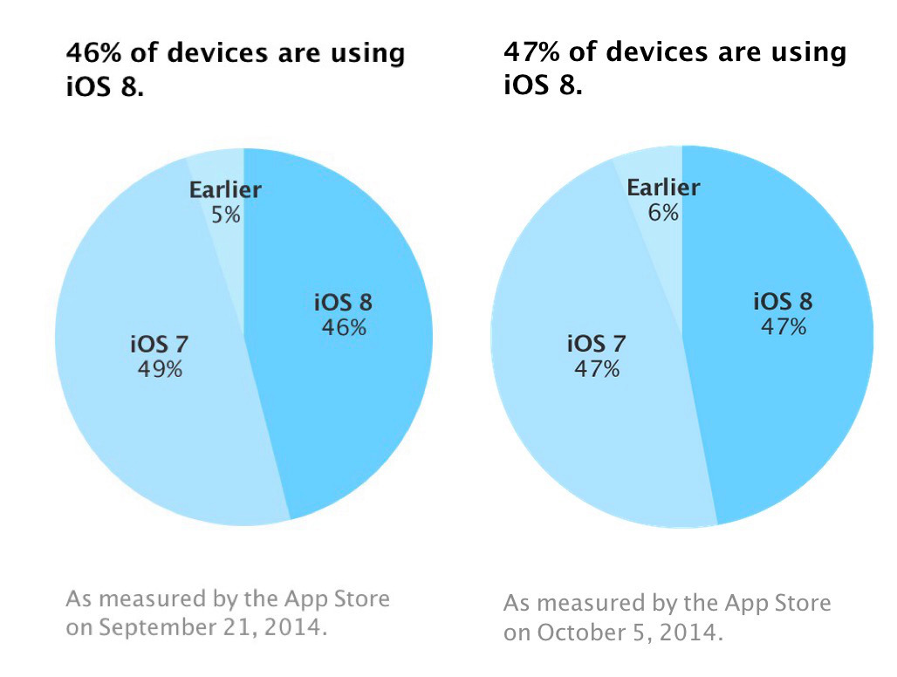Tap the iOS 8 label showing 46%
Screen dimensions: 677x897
coord(343,303)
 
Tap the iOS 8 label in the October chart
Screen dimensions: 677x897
coord(783,302)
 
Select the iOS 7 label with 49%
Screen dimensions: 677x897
coord(160,344)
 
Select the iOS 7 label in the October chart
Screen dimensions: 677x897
coord(597,344)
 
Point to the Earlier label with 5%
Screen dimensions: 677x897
coord(226,190)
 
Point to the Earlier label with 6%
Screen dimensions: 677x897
coord(664,188)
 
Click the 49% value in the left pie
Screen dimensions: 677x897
coord(160,369)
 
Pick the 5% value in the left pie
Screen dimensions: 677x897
coord(226,214)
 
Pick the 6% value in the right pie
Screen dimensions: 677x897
coord(664,212)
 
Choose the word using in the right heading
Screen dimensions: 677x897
coord(799,52)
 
